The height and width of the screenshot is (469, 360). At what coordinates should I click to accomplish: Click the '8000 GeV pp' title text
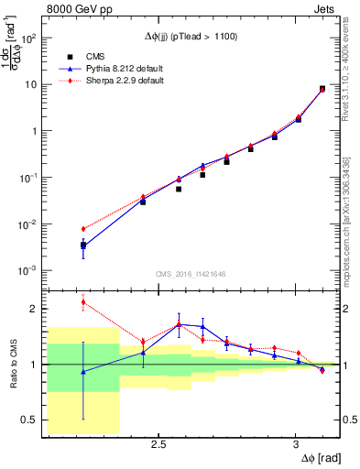pos(77,11)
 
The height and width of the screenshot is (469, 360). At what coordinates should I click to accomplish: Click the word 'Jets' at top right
pos(325,11)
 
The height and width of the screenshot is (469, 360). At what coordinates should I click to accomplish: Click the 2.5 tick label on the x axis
pos(158,446)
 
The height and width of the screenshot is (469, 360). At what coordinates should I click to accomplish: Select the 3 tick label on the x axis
pos(295,446)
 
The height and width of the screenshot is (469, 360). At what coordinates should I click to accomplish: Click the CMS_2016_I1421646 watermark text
pos(191,274)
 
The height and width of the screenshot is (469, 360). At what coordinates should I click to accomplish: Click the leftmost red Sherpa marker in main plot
pos(83,229)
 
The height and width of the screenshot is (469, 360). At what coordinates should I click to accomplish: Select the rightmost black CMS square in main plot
pos(322,89)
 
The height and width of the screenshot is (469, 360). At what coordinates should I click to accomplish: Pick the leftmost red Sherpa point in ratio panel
pos(83,302)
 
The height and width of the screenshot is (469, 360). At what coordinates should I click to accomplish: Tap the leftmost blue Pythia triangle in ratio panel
pos(83,372)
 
